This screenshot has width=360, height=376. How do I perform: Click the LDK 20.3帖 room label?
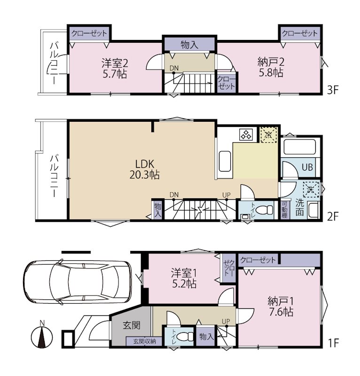[145, 169]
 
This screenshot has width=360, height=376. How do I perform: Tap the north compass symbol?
[42, 335]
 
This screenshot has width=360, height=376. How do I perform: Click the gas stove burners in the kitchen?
[247, 134]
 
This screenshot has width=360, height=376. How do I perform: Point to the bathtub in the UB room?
[299, 147]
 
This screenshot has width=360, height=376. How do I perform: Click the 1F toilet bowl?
[187, 336]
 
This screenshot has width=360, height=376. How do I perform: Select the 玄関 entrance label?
[132, 325]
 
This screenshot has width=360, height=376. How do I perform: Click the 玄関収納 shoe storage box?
[144, 341]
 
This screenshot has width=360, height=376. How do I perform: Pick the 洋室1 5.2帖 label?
[184, 279]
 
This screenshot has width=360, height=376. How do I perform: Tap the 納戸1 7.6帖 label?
[281, 307]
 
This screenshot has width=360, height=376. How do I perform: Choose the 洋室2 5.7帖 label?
[115, 69]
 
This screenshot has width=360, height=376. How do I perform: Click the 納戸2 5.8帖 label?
[271, 67]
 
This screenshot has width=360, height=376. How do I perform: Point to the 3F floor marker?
[333, 90]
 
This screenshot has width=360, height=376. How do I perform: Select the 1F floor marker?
[333, 343]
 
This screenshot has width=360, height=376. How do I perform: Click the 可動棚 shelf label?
[284, 210]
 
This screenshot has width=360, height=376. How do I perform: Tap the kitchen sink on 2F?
[225, 161]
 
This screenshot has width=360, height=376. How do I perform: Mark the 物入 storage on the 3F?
[189, 44]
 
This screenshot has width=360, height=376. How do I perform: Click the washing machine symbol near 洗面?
[311, 189]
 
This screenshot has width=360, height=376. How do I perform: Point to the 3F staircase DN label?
[174, 68]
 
